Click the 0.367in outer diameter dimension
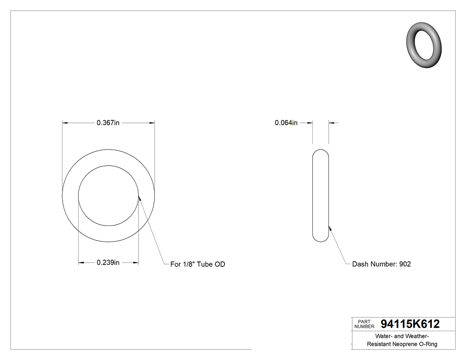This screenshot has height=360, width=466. point(108,123)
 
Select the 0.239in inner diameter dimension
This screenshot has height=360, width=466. point(108,263)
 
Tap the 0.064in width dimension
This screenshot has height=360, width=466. point(286,123)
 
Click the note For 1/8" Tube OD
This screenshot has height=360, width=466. point(197,264)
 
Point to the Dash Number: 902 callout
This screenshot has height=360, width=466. point(381,264)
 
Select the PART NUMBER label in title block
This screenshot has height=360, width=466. point(364,324)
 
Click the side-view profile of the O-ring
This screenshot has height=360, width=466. point(321,196)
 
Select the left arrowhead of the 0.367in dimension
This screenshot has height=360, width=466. point(65,123)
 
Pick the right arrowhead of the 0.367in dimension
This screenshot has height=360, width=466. point(152,123)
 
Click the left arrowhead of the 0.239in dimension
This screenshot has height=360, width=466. point(81,263)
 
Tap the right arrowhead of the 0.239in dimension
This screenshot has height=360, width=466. point(135,263)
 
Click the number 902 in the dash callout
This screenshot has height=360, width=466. point(405,264)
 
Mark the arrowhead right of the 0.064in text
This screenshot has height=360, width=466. point(331,123)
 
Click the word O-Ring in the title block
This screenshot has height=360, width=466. point(428,344)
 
